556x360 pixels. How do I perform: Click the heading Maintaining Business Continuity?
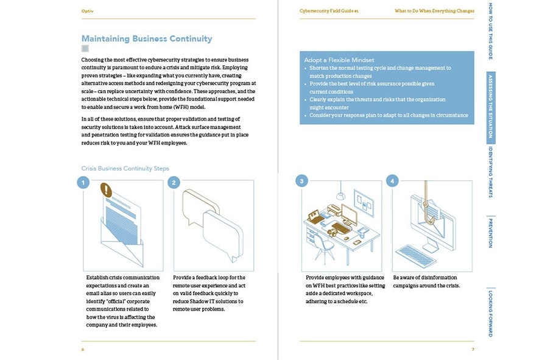point(147,39)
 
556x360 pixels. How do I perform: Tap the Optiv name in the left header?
point(87,11)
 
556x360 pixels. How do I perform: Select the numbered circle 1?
point(83,182)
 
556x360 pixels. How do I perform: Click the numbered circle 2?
point(174,182)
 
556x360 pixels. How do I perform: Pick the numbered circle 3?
point(301,181)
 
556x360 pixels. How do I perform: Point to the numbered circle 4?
point(393,181)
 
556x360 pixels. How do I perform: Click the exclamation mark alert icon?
point(108,191)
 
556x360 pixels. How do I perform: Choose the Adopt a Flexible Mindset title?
point(339,60)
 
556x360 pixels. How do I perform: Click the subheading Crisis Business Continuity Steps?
point(125,168)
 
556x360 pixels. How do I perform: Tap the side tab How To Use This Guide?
point(491,31)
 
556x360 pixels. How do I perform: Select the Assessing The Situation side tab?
point(491,108)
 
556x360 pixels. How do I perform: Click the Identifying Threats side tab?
point(491,172)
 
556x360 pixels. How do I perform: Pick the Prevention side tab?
point(491,233)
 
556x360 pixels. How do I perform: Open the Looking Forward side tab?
point(491,314)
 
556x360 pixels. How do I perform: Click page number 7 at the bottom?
point(473,349)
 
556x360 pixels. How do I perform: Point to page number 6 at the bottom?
point(83,349)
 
